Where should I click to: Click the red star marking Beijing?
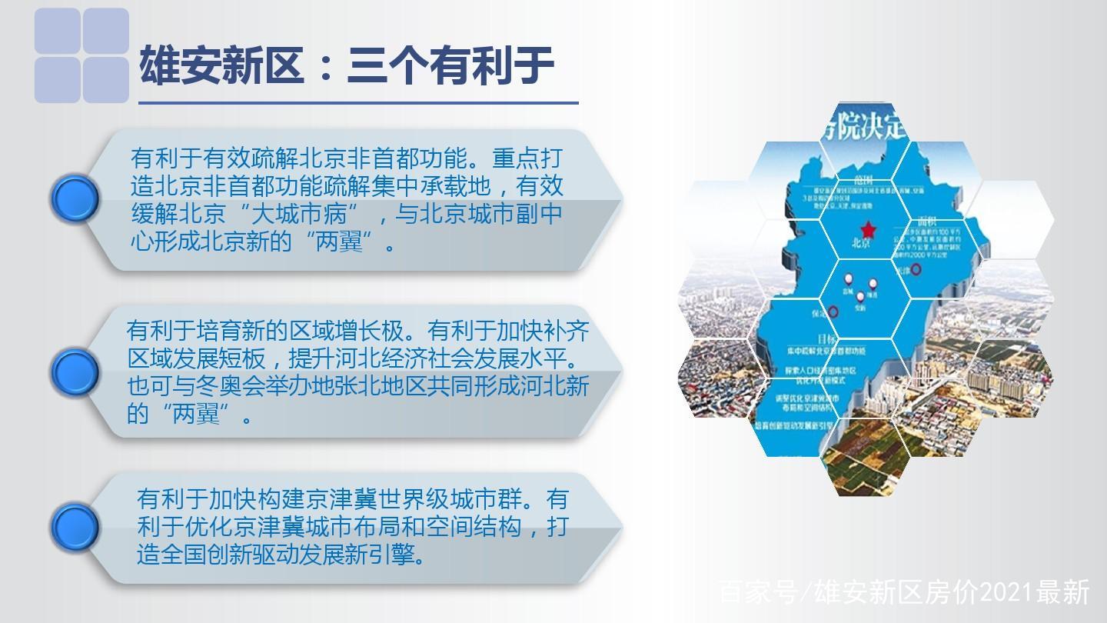point(868,229)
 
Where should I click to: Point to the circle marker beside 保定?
point(833,311)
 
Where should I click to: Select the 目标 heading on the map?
point(827,339)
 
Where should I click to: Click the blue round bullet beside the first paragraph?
point(75,199)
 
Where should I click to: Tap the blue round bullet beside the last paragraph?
point(75,528)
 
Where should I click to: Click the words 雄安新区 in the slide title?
point(221,65)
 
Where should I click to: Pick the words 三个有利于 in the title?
point(450,65)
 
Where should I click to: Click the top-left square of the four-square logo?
point(58,32)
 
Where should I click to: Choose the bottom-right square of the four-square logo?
point(105,79)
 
